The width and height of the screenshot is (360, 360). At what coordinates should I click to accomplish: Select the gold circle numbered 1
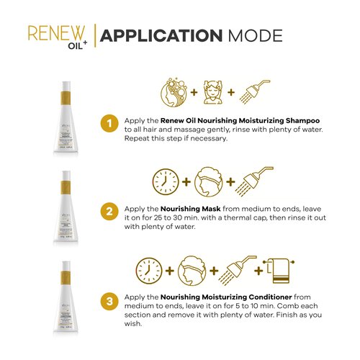coord(109,123)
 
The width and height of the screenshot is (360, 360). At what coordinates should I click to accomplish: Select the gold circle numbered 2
coord(109,211)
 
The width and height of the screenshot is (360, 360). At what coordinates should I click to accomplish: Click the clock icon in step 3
coord(149,271)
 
